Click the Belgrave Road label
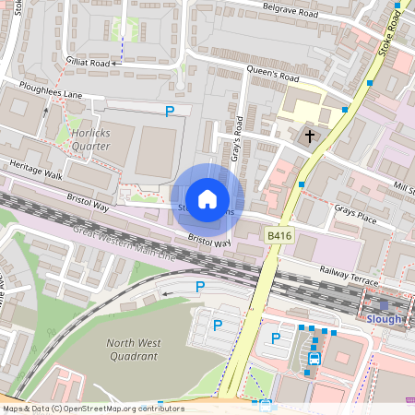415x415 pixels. click(290, 15)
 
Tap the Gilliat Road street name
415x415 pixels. click(88, 63)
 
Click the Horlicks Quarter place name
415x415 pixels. click(89, 139)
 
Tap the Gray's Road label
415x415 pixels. click(238, 138)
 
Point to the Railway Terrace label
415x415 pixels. click(350, 270)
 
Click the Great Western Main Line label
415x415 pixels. click(113, 245)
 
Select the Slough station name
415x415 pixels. click(385, 319)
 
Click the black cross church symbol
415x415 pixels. click(309, 136)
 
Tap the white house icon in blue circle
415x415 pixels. click(207, 199)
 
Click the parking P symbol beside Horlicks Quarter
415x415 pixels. click(170, 112)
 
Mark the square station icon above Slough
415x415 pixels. click(385, 304)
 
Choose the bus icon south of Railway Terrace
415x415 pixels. click(314, 358)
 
